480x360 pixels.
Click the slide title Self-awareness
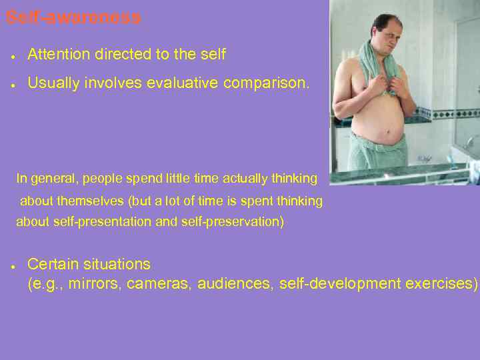[x=73, y=18]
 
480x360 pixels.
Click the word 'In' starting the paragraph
[x=22, y=179]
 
